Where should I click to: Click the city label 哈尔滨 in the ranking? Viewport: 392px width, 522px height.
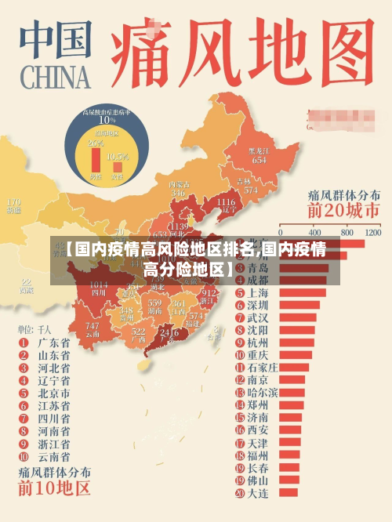pos(263,392)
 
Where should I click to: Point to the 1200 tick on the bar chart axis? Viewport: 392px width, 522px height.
pos(372,233)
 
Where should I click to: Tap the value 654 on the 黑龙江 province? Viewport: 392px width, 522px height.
pos(259,159)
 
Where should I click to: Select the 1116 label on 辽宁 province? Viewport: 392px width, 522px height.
pos(225,202)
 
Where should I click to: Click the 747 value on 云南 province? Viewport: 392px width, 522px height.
pos(93,326)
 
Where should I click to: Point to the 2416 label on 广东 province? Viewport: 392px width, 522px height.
pos(169,332)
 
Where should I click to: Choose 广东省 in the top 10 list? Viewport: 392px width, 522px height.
pos(54,343)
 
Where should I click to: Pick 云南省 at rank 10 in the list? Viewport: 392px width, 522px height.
pos(54,456)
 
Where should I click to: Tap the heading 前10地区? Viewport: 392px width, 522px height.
pos(55,489)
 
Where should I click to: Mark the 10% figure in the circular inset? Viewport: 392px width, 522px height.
pos(107,121)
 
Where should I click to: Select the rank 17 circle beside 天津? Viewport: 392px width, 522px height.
pos(238,443)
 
